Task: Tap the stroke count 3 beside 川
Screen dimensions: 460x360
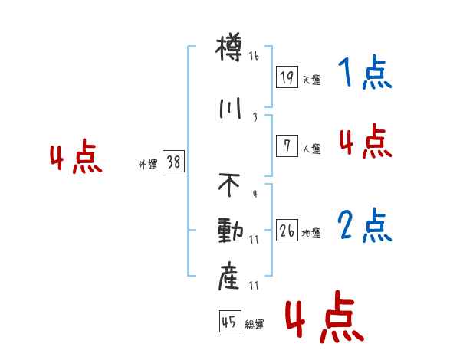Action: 255,117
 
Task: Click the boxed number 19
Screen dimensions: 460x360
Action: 287,77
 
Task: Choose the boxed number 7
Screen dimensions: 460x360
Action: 287,146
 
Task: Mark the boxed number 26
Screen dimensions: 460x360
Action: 287,229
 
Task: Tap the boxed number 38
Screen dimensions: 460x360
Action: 173,162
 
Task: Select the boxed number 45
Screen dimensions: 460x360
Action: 228,322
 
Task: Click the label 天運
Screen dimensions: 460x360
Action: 311,80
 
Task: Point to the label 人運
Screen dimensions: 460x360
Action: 311,149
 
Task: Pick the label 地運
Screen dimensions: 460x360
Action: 311,233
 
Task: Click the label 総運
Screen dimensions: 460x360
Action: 255,325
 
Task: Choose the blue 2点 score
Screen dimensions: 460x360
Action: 364,226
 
